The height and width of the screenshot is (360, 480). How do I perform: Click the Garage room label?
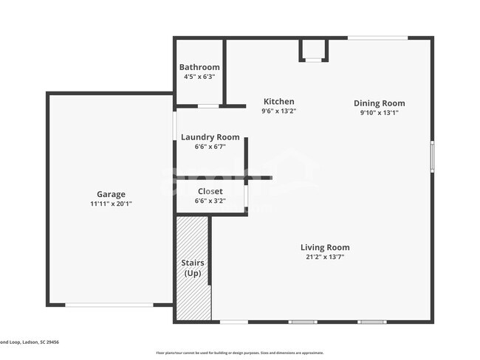click(111, 194)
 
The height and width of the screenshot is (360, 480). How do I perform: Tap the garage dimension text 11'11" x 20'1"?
click(111, 204)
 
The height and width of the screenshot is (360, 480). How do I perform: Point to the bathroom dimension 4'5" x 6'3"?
click(199, 76)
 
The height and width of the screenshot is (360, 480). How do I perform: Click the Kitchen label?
click(279, 102)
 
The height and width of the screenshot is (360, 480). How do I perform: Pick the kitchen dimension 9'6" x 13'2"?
click(278, 111)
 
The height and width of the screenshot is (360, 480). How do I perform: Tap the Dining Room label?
click(379, 103)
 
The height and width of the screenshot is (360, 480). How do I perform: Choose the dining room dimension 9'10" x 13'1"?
click(379, 113)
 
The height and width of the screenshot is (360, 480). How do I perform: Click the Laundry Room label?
click(210, 136)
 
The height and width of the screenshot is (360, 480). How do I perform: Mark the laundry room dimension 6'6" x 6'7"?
click(210, 146)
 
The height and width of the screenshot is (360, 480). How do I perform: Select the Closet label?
click(210, 191)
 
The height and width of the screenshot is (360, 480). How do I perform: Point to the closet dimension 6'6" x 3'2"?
click(210, 200)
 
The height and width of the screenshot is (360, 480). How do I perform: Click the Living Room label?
click(325, 247)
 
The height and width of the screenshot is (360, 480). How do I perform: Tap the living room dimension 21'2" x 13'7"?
click(325, 257)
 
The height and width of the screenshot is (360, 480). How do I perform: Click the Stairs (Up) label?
click(193, 268)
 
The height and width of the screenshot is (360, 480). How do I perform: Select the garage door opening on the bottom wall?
click(109, 305)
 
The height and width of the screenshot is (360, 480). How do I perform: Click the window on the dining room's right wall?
click(432, 156)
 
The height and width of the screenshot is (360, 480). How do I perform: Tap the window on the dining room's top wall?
click(377, 38)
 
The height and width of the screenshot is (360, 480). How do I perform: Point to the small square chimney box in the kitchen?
click(314, 50)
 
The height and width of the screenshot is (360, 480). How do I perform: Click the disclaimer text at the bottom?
click(239, 353)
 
